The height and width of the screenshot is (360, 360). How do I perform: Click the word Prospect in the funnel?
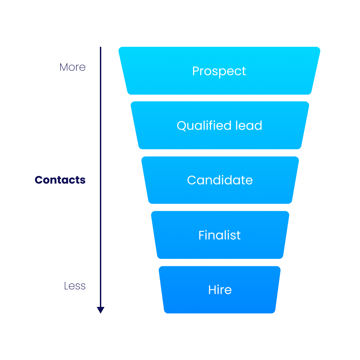coord(219,71)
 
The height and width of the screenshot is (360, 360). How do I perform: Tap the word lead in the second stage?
coord(249,125)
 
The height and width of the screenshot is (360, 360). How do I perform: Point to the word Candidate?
coord(220,180)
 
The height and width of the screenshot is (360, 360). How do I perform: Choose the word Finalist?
coord(220,235)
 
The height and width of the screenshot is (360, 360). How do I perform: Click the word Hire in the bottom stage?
coord(220,290)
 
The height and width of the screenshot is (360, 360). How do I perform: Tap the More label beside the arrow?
coord(72,67)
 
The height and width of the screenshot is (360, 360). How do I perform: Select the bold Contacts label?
coord(60,180)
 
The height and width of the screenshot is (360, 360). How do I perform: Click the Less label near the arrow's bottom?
coord(75,286)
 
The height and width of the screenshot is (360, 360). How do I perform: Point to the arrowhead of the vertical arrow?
coord(101,310)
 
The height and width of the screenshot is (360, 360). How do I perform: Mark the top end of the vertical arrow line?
coord(101,48)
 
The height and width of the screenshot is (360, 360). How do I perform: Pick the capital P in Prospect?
coord(196,71)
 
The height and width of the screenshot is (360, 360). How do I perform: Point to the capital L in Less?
coord(66,286)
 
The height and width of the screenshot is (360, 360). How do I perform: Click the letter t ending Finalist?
coord(238,235)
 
